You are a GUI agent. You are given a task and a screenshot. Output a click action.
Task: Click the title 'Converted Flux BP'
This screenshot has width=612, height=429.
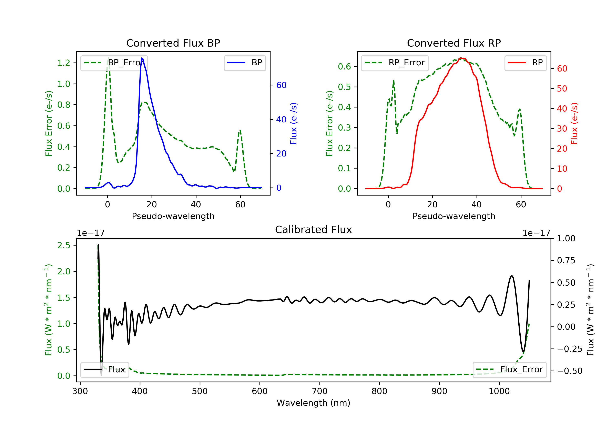(x=173, y=43)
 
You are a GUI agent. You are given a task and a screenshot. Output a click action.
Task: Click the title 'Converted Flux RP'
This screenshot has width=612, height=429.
(x=454, y=43)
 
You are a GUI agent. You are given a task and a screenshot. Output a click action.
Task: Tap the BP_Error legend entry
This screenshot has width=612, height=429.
(x=114, y=63)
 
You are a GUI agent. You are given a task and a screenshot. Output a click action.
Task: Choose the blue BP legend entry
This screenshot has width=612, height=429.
(x=245, y=63)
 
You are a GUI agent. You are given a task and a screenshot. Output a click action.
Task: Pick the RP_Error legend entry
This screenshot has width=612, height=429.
(x=395, y=63)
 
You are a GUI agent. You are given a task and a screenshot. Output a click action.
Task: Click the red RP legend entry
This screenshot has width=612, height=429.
(x=525, y=63)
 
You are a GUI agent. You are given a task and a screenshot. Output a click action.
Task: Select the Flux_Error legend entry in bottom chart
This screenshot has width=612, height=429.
(x=509, y=370)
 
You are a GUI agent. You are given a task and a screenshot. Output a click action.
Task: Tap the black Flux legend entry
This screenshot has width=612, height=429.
(x=105, y=370)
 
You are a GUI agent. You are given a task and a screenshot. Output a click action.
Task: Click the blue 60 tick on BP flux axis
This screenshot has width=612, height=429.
(x=281, y=85)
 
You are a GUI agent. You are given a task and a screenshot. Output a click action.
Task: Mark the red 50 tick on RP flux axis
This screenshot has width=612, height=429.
(x=562, y=89)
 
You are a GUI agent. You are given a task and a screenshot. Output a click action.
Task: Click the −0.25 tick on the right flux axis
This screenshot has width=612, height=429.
(x=570, y=349)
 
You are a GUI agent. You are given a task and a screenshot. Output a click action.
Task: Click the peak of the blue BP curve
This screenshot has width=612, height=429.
(x=142, y=58)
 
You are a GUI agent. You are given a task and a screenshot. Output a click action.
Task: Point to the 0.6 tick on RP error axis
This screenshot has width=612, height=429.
(x=344, y=66)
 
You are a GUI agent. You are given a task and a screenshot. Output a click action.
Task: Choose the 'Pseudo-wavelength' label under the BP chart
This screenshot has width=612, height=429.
(x=173, y=216)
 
